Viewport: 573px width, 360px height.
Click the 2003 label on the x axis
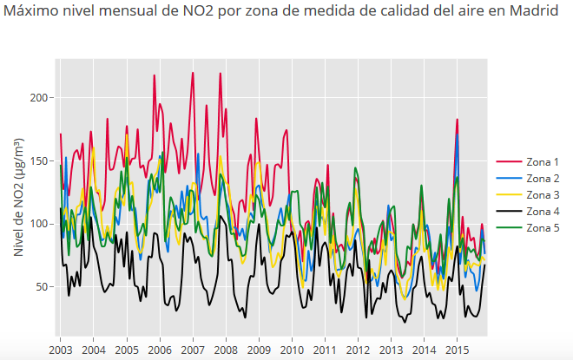pos(60,349)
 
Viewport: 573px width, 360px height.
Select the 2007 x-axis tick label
pos(193,349)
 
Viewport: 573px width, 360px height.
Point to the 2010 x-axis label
pos(292,349)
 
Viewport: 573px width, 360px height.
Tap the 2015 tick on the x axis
pos(458,349)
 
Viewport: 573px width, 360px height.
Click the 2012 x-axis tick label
pos(358,349)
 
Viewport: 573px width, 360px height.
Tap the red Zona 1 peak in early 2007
pos(193,73)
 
